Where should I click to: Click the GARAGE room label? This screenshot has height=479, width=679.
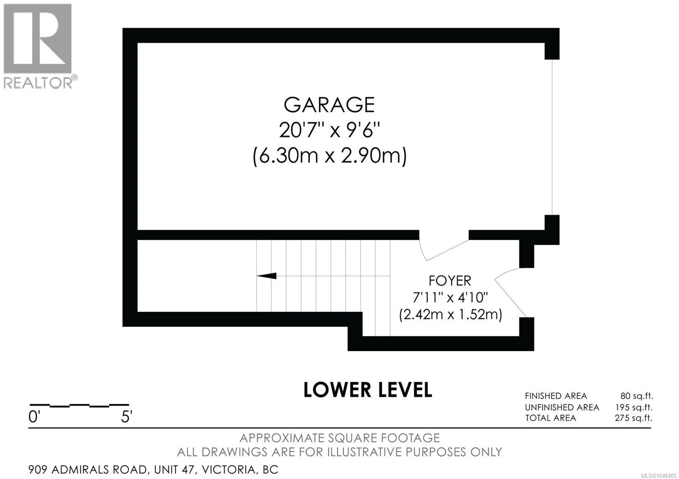tap(329, 105)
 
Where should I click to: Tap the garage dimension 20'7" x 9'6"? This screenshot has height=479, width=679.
tap(329, 131)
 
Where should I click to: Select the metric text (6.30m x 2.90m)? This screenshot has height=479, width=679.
tap(329, 156)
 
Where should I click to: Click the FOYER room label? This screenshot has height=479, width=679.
tap(450, 281)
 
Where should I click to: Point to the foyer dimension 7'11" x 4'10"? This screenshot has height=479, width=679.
tap(450, 297)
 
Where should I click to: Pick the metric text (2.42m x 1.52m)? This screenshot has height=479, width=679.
tap(450, 315)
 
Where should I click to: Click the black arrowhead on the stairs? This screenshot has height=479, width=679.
tap(267, 276)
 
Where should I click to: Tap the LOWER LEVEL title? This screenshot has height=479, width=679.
tap(368, 390)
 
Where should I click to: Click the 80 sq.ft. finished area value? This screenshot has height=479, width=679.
tap(637, 396)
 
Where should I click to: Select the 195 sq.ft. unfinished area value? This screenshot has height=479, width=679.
tap(634, 407)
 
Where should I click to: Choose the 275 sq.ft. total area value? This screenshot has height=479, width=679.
tap(634, 418)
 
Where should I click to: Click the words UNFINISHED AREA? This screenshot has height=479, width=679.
tap(562, 407)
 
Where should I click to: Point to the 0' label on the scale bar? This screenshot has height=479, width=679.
tap(34, 417)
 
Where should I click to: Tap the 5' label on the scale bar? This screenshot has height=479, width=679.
tap(127, 417)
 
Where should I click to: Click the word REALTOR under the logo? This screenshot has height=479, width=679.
tap(38, 82)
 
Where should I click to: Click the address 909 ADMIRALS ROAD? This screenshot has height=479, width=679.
tap(88, 470)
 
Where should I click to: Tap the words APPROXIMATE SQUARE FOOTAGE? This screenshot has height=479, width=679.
tap(339, 438)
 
